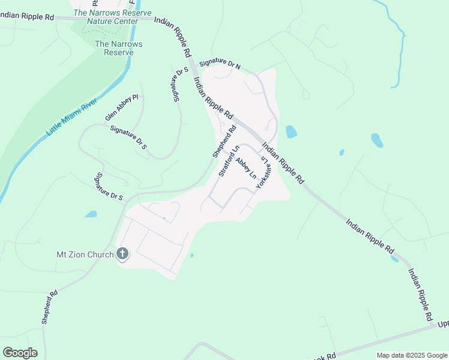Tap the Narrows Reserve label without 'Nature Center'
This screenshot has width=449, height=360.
pyautogui.click(x=114, y=48)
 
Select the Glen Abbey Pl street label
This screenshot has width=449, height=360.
pyautogui.click(x=122, y=107)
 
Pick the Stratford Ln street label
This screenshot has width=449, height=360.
pyautogui.click(x=229, y=160)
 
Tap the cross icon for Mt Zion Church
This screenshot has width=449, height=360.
pyautogui.click(x=122, y=254)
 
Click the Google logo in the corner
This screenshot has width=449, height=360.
pyautogui.click(x=20, y=353)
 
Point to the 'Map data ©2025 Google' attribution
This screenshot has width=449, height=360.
pyautogui.click(x=411, y=355)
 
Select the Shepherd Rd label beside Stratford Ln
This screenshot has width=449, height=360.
pyautogui.click(x=220, y=141)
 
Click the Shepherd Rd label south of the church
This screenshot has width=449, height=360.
pyautogui.click(x=50, y=307)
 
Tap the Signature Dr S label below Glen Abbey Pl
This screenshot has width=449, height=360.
pyautogui.click(x=128, y=138)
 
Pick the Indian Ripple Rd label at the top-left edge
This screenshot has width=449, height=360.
pyautogui.click(x=27, y=17)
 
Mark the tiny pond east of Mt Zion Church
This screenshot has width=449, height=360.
pyautogui.click(x=191, y=256)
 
